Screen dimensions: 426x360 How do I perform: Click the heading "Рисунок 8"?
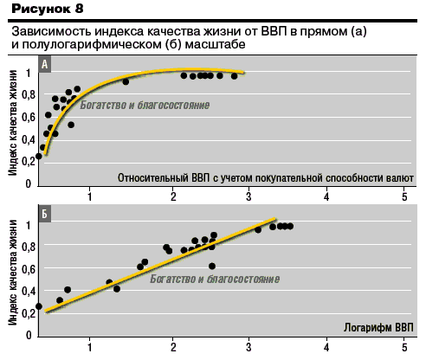point(48,9)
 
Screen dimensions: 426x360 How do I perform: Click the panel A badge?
point(45,64)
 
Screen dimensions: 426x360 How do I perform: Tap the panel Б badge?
point(45,214)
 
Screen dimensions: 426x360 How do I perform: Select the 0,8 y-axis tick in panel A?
point(28,95)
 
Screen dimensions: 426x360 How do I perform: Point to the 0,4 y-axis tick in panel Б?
point(28,292)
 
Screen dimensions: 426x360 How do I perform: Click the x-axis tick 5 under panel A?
point(404,196)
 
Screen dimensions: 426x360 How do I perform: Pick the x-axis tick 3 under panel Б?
point(248,347)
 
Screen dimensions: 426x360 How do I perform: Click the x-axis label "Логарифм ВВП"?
point(378,328)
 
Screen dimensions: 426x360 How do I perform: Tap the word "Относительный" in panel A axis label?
point(153,178)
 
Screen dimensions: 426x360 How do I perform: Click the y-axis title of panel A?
point(13,122)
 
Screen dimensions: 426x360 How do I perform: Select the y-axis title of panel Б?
point(13,273)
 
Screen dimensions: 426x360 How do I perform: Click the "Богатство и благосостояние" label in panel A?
point(145,105)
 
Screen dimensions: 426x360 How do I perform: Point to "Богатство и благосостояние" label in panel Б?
point(215,279)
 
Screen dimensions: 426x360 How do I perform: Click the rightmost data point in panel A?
point(234,76)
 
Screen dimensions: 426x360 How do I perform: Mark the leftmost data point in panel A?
point(39,156)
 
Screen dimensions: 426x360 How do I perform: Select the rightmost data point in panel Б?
point(290,227)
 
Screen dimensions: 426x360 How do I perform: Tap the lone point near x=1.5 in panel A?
point(126,81)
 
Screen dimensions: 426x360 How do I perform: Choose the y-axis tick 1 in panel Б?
point(29,225)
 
